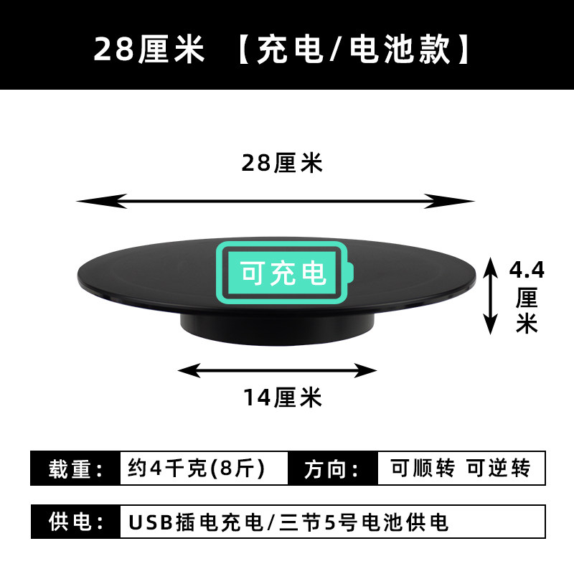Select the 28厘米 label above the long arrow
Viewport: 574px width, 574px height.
click(x=282, y=164)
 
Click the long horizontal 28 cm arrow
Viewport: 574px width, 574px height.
click(x=276, y=201)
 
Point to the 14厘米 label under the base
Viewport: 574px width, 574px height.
click(x=282, y=397)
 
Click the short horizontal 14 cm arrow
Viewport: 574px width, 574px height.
click(x=277, y=370)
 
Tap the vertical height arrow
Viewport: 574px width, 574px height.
click(x=490, y=296)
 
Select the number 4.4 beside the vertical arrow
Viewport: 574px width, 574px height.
click(x=526, y=270)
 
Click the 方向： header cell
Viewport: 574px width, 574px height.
click(x=331, y=469)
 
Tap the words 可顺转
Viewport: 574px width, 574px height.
click(x=423, y=469)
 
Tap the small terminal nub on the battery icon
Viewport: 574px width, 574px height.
click(x=349, y=273)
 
